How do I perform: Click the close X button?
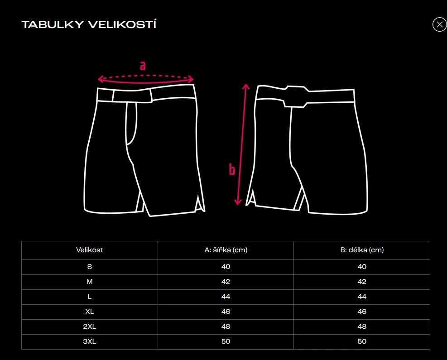click(x=439, y=24)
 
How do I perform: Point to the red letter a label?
click(x=143, y=66)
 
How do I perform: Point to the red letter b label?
click(x=232, y=169)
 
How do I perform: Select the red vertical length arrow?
click(x=242, y=144)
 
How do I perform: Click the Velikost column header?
click(x=90, y=250)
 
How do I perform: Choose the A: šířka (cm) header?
click(x=226, y=250)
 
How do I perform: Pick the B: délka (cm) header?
click(x=362, y=250)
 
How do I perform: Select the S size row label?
click(x=90, y=267)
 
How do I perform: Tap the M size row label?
click(x=90, y=282)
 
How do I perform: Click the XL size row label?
click(x=90, y=312)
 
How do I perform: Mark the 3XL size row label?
click(x=90, y=341)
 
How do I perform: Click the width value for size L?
click(x=226, y=297)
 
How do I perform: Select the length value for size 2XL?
click(x=362, y=326)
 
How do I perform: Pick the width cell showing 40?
click(x=226, y=267)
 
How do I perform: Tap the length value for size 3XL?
click(x=362, y=341)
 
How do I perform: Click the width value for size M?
click(x=226, y=282)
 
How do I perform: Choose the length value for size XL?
click(x=362, y=312)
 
